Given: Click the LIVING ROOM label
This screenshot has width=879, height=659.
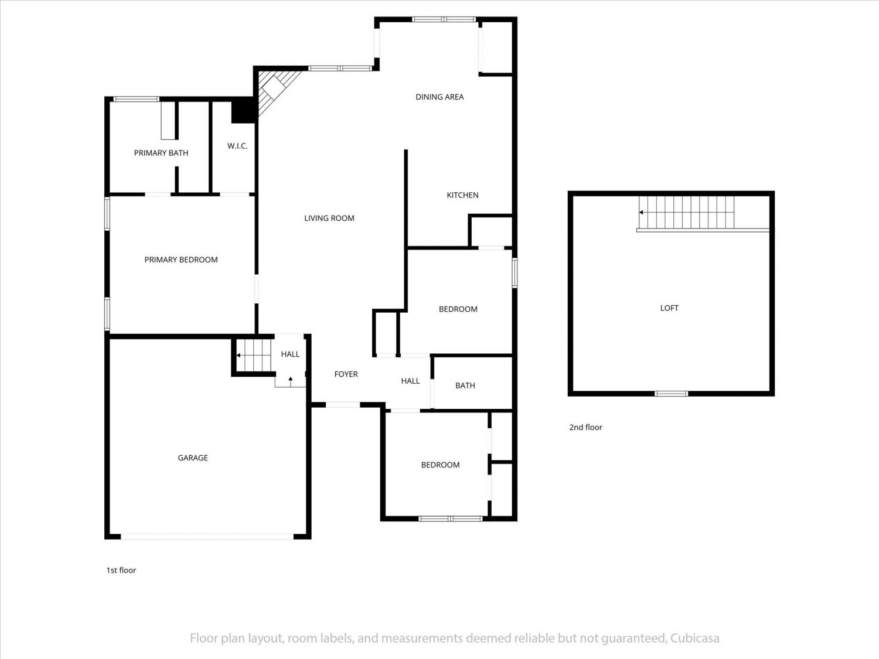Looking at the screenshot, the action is (x=329, y=218).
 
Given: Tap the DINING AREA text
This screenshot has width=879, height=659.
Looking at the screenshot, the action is (x=439, y=97).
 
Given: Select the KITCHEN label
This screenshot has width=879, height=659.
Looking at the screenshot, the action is (x=462, y=195).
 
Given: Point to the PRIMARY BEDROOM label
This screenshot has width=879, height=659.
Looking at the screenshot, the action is (x=181, y=259).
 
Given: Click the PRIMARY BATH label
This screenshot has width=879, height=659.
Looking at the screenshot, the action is (x=161, y=153).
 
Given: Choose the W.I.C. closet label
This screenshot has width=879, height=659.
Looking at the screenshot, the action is (x=237, y=146).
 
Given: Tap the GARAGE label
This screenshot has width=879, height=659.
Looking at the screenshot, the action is (x=193, y=457).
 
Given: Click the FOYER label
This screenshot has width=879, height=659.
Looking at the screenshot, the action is (x=346, y=374).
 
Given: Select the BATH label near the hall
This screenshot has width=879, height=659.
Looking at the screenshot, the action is (x=465, y=385).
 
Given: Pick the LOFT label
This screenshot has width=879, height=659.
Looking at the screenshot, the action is (x=669, y=308).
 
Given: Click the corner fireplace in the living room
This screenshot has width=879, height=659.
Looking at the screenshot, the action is (x=277, y=92).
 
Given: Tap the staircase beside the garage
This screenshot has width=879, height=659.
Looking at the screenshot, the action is (x=254, y=356).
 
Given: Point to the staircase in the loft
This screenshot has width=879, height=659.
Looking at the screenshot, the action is (x=687, y=212).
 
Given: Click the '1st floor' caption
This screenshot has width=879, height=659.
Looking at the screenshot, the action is (x=121, y=570).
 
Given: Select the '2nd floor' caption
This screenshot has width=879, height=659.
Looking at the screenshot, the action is (x=585, y=428).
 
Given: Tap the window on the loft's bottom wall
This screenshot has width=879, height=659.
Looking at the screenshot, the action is (x=671, y=394).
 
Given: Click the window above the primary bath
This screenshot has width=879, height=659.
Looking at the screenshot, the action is (x=136, y=99).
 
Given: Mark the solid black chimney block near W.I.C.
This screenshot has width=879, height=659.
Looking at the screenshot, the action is (x=243, y=111).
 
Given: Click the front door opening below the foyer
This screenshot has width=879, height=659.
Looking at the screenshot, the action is (x=343, y=405).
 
